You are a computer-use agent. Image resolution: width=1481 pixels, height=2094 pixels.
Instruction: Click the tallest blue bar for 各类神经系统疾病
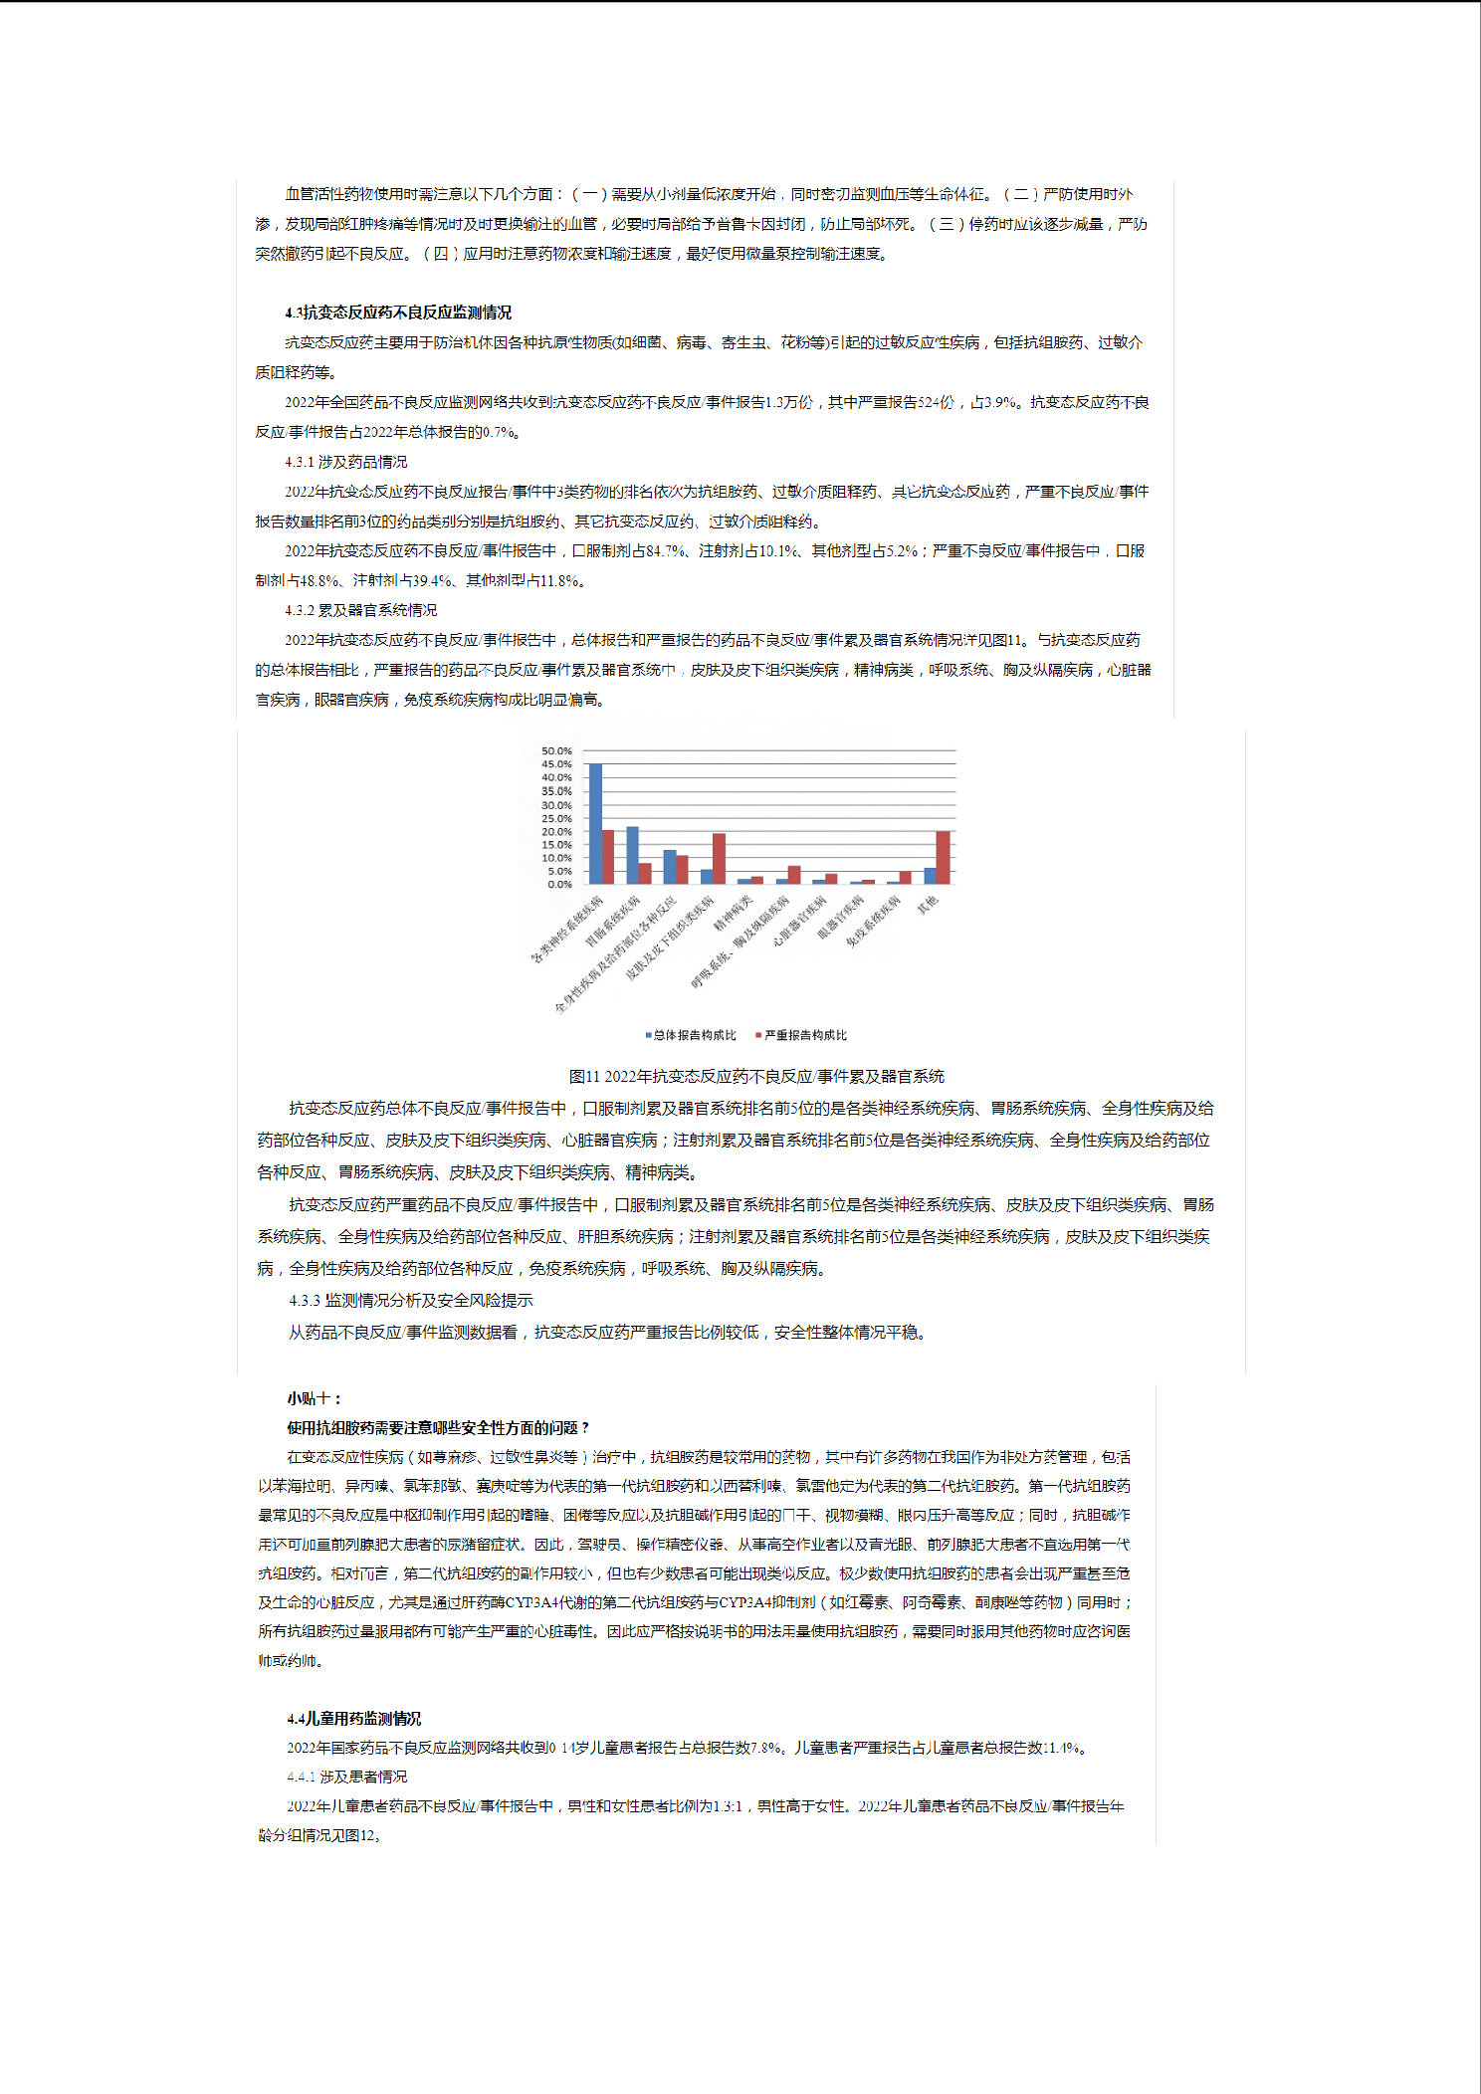[x=595, y=823]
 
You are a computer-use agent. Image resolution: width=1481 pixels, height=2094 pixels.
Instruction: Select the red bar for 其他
[x=943, y=857]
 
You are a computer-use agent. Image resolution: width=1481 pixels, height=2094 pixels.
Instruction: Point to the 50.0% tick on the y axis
[x=556, y=751]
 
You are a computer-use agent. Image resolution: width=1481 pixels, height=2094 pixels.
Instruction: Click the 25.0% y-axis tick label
[x=556, y=818]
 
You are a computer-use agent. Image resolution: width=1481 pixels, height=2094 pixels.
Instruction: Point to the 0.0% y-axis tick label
[x=558, y=884]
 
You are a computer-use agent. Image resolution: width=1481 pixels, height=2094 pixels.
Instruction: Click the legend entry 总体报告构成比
[x=694, y=1035]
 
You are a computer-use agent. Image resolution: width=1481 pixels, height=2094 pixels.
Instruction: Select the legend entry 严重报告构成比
[x=805, y=1035]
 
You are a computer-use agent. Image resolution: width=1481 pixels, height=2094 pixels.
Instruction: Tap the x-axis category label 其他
[x=927, y=905]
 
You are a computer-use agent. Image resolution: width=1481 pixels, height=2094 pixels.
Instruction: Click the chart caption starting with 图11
[x=756, y=1076]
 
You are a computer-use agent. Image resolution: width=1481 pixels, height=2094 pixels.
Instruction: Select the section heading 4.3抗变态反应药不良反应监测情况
[x=398, y=313]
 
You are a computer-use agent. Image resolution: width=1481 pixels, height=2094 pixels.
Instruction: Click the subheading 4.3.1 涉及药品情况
[x=345, y=462]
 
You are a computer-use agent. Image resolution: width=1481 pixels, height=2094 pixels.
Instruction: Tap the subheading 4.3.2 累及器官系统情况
[x=360, y=610]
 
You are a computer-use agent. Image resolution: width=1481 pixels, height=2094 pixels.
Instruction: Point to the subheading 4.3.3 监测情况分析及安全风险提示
[x=411, y=1300]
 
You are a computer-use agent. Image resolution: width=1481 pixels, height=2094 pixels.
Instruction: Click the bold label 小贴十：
[x=315, y=1398]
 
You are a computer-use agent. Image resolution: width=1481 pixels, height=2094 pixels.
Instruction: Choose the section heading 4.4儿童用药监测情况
[x=353, y=1718]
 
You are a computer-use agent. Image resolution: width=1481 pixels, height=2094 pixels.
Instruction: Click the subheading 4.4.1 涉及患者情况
[x=346, y=1777]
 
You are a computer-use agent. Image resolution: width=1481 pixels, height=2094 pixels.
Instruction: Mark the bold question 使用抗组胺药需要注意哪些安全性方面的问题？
[x=438, y=1427]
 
